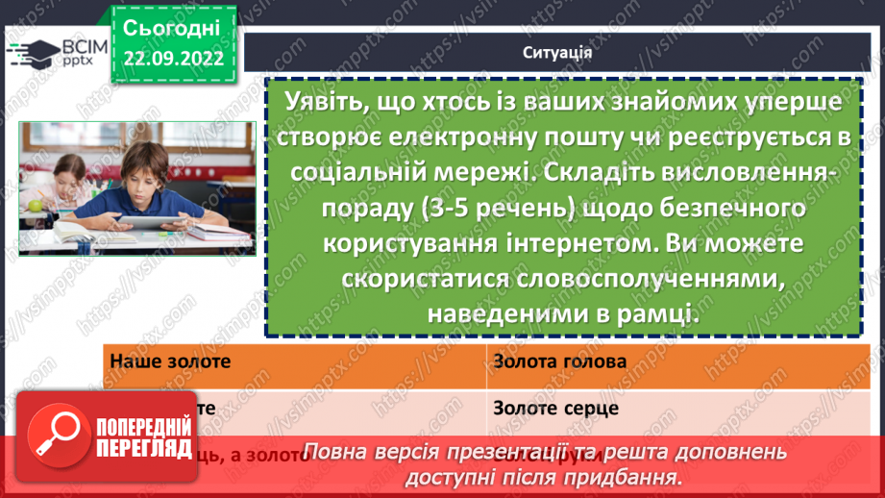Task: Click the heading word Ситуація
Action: pyautogui.click(x=556, y=52)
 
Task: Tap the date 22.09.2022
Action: pyautogui.click(x=173, y=59)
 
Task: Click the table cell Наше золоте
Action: pyautogui.click(x=164, y=361)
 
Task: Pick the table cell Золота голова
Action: pyautogui.click(x=560, y=361)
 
